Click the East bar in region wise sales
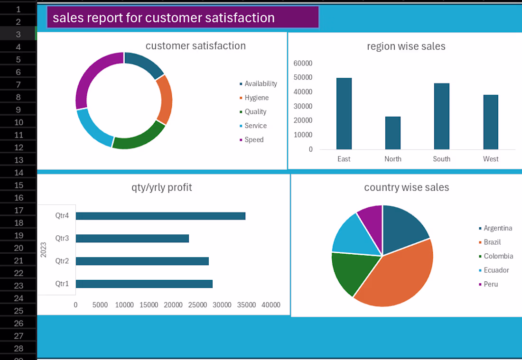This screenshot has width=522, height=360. point(344,113)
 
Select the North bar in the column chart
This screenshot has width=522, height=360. point(393,133)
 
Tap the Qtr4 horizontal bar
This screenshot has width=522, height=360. point(160,216)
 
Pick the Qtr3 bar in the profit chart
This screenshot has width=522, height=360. point(132,239)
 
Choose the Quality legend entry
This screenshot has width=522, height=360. point(253,112)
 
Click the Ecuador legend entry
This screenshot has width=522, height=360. point(494,270)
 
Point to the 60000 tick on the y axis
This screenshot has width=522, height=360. point(303,63)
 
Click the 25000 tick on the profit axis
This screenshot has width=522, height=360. point(197,305)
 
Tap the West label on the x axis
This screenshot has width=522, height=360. point(491,159)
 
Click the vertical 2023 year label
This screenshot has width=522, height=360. point(43,250)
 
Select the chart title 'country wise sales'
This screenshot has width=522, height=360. point(407,187)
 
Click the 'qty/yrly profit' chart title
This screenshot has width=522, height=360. point(162,187)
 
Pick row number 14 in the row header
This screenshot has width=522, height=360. point(19,172)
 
